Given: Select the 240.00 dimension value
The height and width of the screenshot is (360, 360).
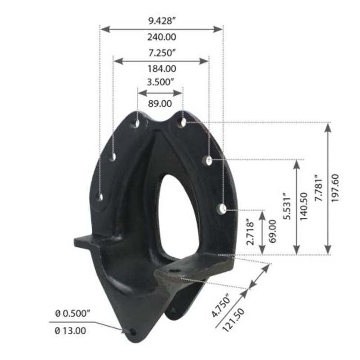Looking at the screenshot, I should point(161,37).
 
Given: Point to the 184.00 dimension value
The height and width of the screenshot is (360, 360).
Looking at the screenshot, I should point(161,69).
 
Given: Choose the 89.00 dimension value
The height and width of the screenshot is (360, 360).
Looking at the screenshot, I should point(160,103).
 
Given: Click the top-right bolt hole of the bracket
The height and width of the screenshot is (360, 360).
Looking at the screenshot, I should point(183,122).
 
